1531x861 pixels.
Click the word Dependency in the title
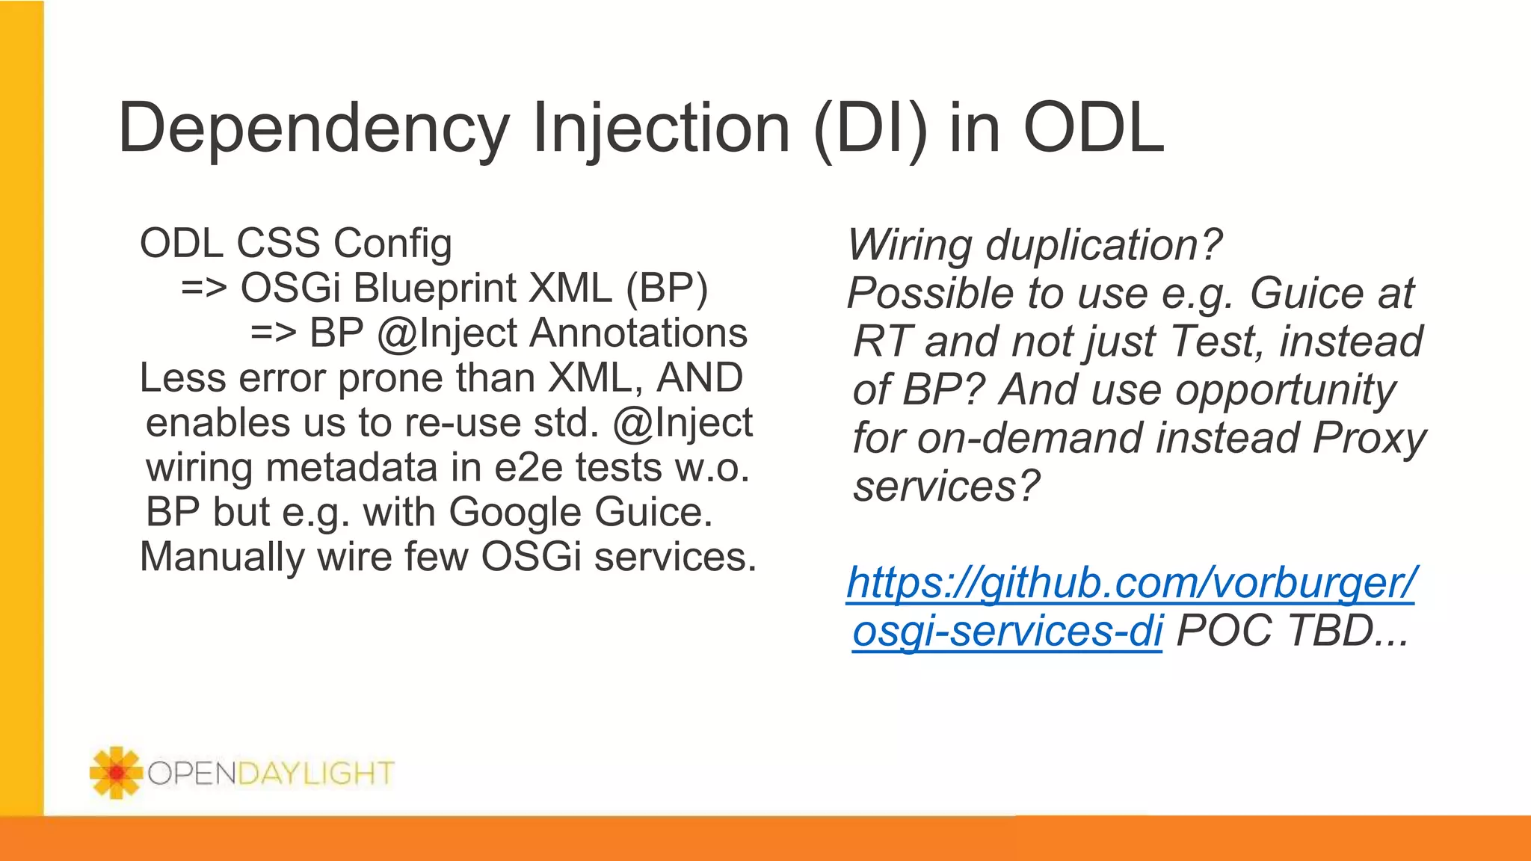(314, 129)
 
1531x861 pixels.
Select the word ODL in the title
(1093, 129)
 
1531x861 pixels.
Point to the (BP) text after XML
(667, 288)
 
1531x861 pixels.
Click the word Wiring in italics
(910, 245)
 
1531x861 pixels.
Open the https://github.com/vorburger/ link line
(1130, 583)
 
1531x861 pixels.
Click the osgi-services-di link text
(1007, 631)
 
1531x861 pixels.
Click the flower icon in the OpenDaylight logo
(115, 773)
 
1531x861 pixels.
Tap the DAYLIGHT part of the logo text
(315, 773)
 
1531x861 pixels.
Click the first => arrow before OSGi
(203, 288)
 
